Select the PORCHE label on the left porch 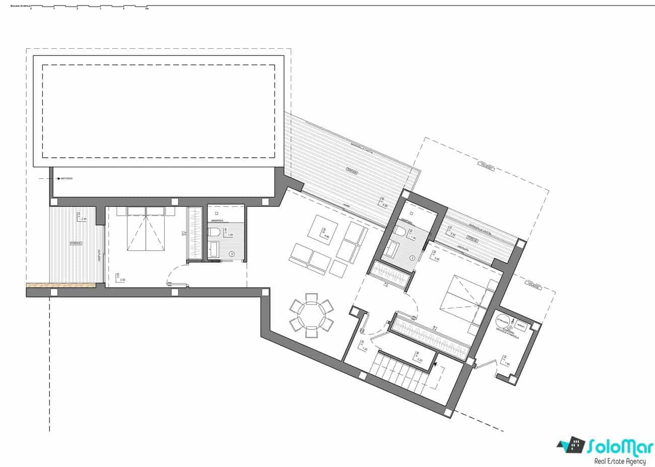(76, 243)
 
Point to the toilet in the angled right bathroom (400, 231)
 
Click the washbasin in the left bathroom (213, 248)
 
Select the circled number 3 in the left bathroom (231, 254)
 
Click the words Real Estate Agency (620, 460)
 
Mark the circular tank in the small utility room (503, 322)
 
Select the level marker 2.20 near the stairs (418, 357)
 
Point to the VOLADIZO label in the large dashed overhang (486, 166)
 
